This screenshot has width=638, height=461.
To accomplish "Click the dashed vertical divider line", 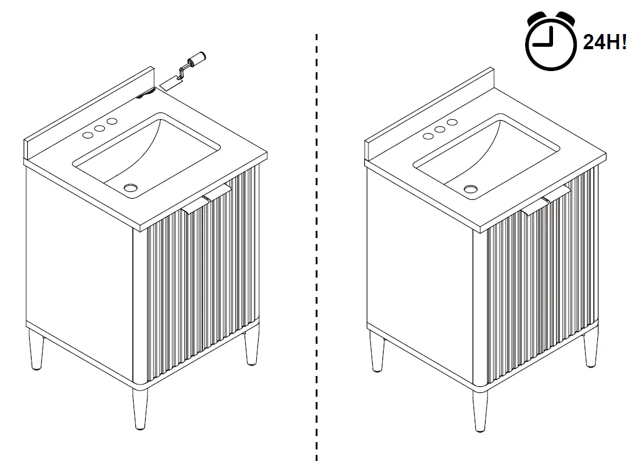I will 316,243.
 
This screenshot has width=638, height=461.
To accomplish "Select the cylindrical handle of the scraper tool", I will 197,59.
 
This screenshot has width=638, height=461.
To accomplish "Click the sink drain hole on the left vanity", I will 130,187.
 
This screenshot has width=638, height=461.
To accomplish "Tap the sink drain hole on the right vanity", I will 470,188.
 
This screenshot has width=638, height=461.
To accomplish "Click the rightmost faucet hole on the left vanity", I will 112,122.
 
